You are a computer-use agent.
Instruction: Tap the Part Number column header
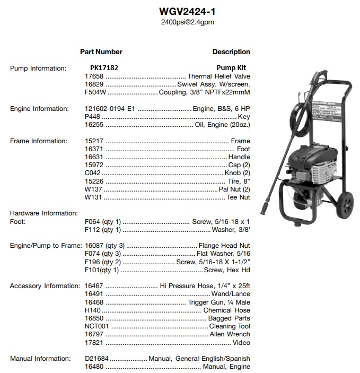click(x=101, y=52)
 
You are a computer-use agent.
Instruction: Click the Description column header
click(x=231, y=52)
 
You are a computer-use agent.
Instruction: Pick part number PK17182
click(x=104, y=68)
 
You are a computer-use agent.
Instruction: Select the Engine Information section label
click(x=39, y=109)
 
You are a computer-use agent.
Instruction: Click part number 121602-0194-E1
click(x=110, y=109)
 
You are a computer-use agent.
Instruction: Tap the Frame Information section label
click(x=39, y=141)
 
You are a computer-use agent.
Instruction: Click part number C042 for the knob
click(x=92, y=174)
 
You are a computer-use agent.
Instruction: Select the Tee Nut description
click(x=239, y=198)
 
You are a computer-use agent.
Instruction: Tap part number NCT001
click(x=96, y=326)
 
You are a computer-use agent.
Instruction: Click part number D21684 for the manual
click(x=96, y=359)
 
